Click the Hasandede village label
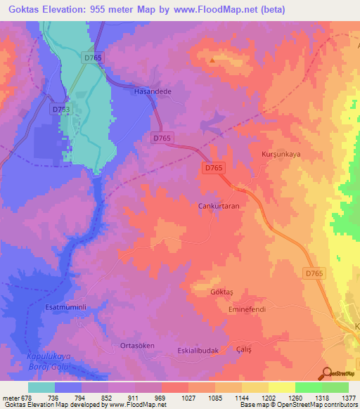tap(153, 91)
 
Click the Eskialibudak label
tap(198, 350)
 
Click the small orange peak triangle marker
tap(212, 61)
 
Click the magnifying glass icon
tap(327, 373)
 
